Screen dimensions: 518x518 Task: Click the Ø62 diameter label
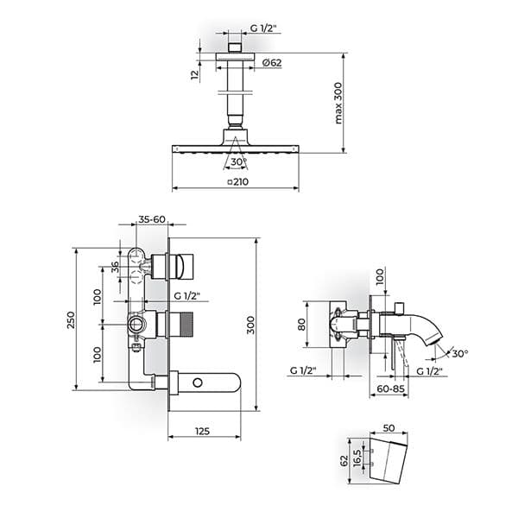pos(272,62)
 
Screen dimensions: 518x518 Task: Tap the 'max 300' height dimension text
pos(338,103)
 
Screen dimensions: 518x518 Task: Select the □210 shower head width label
pos(238,181)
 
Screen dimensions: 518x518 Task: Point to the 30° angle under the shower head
pos(239,162)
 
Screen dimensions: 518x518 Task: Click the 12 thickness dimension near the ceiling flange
pos(195,74)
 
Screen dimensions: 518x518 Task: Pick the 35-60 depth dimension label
pos(152,219)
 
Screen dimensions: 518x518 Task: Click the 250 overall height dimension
pos(71,319)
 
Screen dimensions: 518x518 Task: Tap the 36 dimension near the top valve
pos(115,267)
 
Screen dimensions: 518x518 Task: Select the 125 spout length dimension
pos(203,431)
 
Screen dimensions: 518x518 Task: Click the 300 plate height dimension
pos(250,325)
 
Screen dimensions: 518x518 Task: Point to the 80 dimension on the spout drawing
pos(301,325)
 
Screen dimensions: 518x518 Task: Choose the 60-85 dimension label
pos(390,388)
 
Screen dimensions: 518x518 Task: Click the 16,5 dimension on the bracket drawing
pos(357,458)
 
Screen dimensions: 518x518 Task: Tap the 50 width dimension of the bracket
pos(388,428)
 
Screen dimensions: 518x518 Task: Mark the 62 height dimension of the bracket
pos(344,460)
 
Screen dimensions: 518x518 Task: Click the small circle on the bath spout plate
pos(198,383)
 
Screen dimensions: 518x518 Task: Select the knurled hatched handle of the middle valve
pos(186,325)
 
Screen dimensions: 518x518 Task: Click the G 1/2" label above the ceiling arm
pos(265,28)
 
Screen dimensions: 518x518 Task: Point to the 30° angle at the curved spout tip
pos(460,354)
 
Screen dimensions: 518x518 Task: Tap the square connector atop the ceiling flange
pos(235,47)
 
